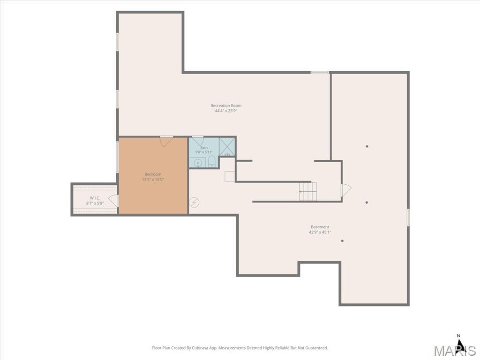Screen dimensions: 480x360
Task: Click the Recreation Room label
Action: [x=226, y=105]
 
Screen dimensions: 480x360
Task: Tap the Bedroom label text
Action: [x=153, y=174]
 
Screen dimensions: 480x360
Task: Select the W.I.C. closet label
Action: [x=95, y=198]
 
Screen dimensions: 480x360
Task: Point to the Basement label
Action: [x=320, y=227]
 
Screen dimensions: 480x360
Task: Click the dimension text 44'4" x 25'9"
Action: [x=226, y=111]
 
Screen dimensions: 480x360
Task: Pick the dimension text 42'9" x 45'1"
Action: [x=320, y=232]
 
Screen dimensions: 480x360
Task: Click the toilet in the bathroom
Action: [x=211, y=161]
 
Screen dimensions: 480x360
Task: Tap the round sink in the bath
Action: [x=198, y=163]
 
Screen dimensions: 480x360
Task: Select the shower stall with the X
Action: [x=227, y=147]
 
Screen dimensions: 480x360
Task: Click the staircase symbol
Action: [x=308, y=192]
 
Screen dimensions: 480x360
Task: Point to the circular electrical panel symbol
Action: [x=194, y=202]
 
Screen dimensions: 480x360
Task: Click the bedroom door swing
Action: [x=166, y=142]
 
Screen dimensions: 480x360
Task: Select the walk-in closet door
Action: [x=113, y=200]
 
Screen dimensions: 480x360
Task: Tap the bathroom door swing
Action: [x=198, y=141]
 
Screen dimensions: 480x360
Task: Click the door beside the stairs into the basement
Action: [x=346, y=190]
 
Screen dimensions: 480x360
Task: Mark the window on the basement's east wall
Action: [x=408, y=217]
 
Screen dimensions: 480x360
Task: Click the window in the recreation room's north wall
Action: [x=320, y=73]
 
